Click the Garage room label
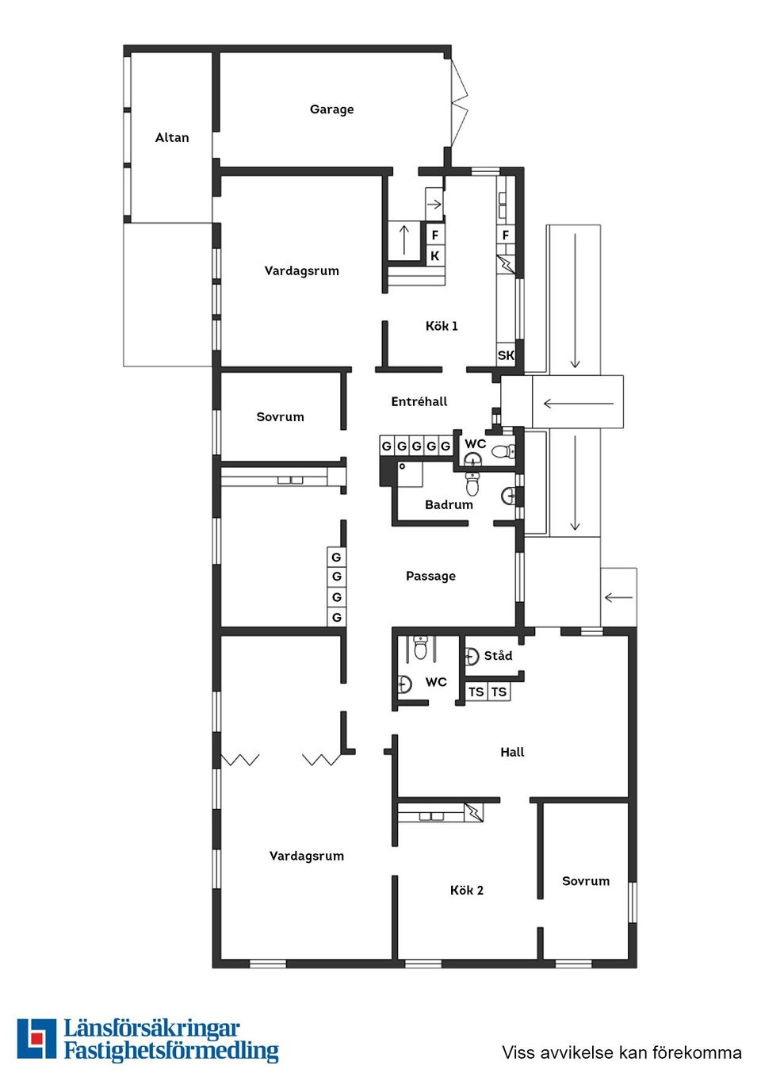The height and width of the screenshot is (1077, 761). (x=331, y=109)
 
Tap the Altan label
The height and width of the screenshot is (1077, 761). (x=172, y=138)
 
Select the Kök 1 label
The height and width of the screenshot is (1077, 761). (x=442, y=326)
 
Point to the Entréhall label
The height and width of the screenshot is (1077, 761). (x=419, y=402)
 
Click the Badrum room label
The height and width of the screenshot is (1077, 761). (x=449, y=505)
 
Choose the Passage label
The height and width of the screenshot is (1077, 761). (x=430, y=577)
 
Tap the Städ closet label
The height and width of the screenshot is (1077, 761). (x=498, y=656)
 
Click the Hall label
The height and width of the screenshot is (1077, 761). (x=512, y=753)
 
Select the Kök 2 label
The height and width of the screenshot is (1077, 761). (x=466, y=891)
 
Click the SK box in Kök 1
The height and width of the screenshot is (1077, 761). (x=506, y=355)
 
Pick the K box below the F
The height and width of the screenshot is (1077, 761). (x=434, y=256)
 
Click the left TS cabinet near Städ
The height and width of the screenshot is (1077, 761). (x=476, y=692)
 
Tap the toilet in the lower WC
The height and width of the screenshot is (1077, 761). (x=421, y=648)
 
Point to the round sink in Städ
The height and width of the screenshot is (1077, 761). (x=472, y=656)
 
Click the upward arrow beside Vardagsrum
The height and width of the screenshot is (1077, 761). (x=404, y=240)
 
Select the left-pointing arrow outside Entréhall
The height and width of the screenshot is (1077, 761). (x=578, y=404)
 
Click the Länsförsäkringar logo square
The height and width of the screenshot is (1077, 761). (x=36, y=1039)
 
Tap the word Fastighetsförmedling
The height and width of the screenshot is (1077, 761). (x=171, y=1052)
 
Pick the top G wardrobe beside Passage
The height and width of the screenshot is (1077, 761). (x=336, y=558)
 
